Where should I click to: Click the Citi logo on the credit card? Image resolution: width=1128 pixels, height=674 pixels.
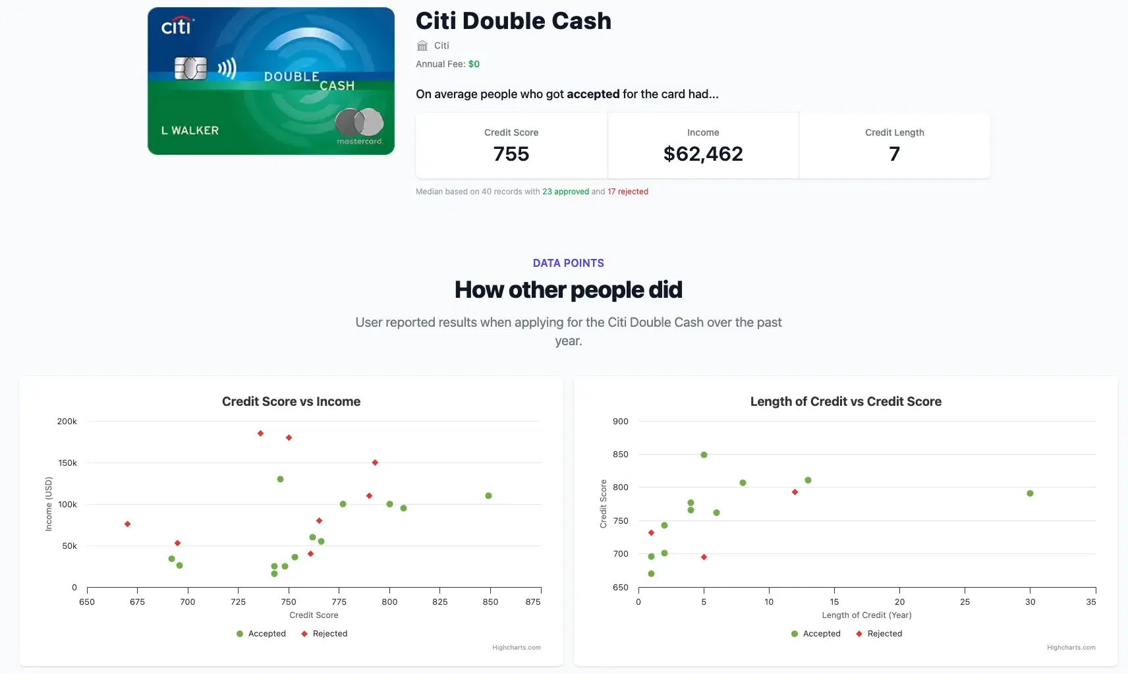[177, 26]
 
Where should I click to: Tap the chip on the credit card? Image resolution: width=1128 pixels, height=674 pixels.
[190, 68]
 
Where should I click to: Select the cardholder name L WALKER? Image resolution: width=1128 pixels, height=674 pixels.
[190, 130]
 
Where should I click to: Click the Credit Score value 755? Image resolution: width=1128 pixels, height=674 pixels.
[511, 154]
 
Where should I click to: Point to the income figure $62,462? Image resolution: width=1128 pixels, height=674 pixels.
[703, 154]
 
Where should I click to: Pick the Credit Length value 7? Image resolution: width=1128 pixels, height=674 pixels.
[894, 154]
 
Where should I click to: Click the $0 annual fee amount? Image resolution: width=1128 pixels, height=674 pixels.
[474, 64]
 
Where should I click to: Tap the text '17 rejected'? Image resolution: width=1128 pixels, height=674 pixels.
[628, 192]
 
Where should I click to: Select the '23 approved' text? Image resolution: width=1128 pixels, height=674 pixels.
[565, 192]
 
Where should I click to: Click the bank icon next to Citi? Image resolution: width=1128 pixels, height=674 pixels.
[422, 45]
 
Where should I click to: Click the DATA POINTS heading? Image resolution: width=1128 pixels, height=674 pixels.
[568, 263]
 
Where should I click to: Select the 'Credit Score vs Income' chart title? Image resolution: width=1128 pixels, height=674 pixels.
[291, 401]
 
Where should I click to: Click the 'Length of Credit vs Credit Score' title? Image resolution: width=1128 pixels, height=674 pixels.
[845, 401]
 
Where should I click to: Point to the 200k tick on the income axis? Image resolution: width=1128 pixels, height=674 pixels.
[67, 422]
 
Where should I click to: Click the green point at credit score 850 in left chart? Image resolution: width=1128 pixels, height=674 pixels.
[488, 495]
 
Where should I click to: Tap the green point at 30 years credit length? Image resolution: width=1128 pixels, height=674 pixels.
[1030, 493]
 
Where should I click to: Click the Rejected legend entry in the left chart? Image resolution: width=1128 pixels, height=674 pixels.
[324, 634]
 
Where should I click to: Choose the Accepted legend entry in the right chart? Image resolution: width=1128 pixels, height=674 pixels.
[816, 634]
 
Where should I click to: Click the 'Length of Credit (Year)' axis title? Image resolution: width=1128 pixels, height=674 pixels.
[866, 615]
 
